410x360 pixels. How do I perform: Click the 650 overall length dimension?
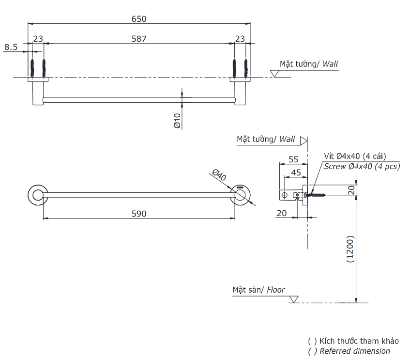pos(138,19)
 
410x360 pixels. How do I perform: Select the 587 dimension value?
pos(138,38)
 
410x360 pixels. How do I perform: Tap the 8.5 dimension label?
pos(11,47)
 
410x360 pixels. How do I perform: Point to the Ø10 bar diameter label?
pos(177,121)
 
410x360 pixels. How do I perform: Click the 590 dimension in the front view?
pos(138,213)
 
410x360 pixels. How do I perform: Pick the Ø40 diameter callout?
pos(219,175)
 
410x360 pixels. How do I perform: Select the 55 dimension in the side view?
pos(293,159)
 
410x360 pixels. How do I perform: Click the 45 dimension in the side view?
pos(295,172)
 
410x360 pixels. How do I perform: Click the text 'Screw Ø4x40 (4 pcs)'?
pos(362,166)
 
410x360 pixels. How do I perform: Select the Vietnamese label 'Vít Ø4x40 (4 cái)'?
pos(355,156)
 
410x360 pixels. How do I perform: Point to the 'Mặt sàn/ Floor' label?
pos(258,290)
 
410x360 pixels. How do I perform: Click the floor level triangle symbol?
pos(294,299)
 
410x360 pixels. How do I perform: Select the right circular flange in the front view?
pos(241,195)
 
